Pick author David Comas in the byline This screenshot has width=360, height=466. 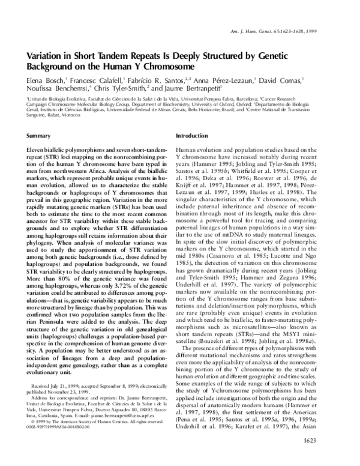coord(284,79)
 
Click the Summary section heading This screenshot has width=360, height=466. coord(38,136)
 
